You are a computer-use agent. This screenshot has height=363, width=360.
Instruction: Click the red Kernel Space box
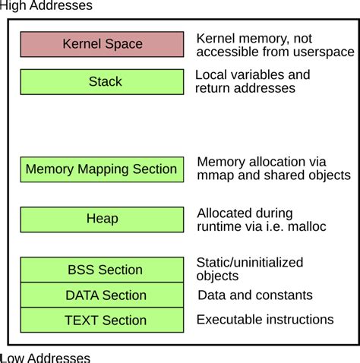click(102, 44)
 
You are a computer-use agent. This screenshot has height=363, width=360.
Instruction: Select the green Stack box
click(102, 81)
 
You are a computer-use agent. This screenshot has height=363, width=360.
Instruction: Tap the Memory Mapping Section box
click(102, 169)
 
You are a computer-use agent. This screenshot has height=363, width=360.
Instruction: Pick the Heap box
click(102, 219)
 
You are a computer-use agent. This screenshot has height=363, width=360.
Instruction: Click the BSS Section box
click(102, 270)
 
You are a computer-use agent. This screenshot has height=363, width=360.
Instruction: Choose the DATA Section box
click(102, 295)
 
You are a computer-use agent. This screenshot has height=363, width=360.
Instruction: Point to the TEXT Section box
click(102, 320)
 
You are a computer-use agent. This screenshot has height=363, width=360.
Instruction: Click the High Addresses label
click(46, 6)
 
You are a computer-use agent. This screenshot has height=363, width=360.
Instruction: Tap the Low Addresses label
click(46, 357)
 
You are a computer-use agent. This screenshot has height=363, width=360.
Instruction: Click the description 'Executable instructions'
click(265, 320)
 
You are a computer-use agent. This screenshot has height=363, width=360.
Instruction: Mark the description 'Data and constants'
click(254, 295)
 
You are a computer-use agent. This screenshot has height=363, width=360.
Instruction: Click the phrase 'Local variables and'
click(253, 74)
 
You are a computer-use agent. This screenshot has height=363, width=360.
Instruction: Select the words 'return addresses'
click(245, 88)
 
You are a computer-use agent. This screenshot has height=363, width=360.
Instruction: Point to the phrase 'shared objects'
click(309, 175)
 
